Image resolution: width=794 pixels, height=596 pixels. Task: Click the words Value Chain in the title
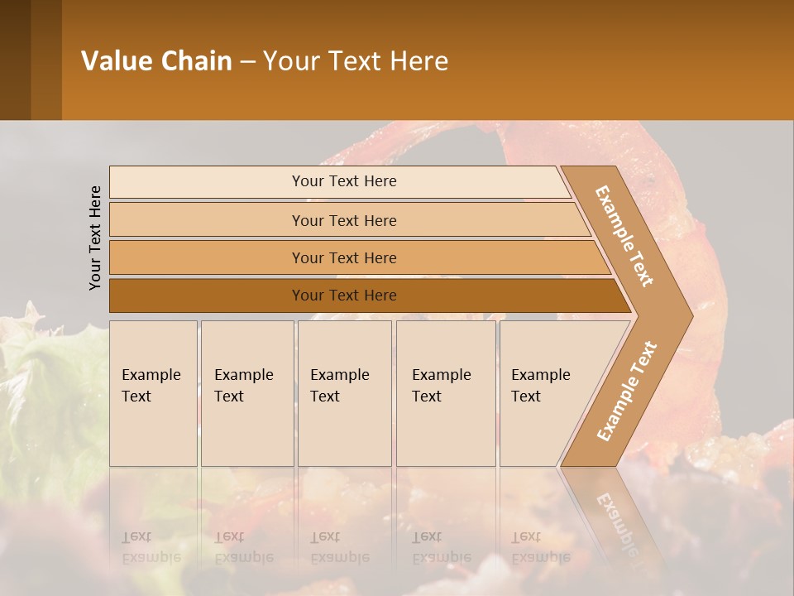tap(156, 61)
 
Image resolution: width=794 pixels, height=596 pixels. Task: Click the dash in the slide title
tap(247, 62)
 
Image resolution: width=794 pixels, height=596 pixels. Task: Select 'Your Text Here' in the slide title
tap(356, 61)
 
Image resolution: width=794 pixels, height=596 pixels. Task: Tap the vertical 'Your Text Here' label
tap(96, 238)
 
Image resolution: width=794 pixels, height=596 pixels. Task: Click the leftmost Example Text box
tap(153, 393)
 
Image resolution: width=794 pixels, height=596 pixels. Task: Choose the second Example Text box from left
tap(246, 393)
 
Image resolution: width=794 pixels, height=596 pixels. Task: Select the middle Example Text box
tap(344, 393)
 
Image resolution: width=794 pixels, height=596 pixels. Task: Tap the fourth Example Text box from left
tap(445, 393)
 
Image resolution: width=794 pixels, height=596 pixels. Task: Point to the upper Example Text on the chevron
tap(624, 236)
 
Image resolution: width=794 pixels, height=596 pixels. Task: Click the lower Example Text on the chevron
tap(627, 391)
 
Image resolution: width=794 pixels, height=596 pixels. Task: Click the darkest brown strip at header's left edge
tap(15, 60)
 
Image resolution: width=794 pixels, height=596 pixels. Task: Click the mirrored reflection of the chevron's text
tap(616, 521)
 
